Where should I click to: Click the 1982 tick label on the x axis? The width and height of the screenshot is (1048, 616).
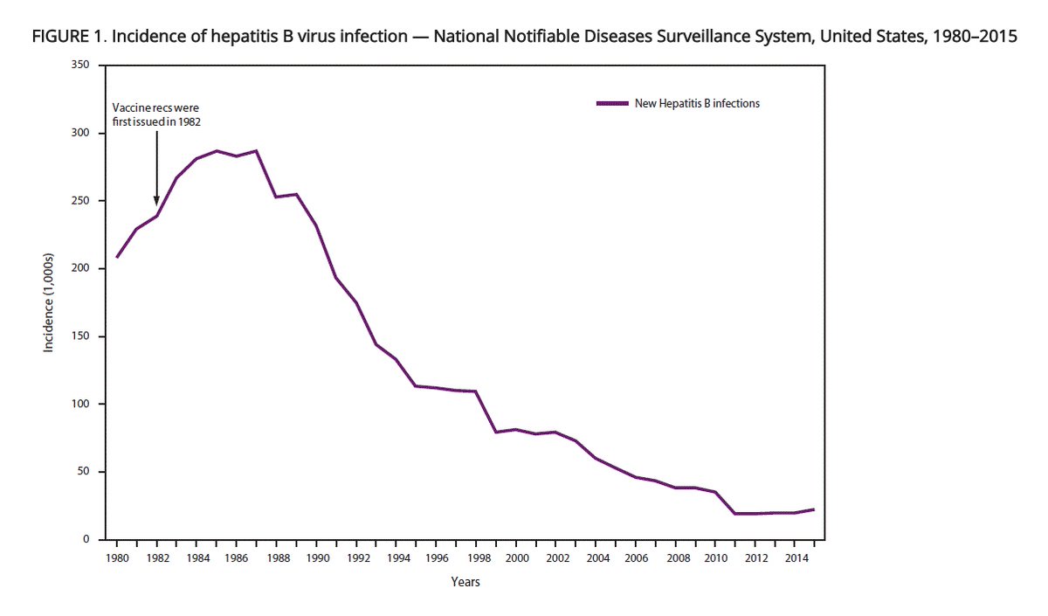tap(156, 557)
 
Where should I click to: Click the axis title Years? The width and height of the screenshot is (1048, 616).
tap(465, 582)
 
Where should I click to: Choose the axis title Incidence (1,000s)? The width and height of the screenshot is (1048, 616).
tap(50, 303)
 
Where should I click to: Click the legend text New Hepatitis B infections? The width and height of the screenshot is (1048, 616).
tap(697, 103)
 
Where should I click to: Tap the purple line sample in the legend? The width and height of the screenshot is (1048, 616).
tap(613, 103)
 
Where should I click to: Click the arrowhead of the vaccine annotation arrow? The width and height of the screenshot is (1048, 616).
tap(156, 202)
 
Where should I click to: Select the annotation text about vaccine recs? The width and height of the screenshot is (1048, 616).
tap(156, 114)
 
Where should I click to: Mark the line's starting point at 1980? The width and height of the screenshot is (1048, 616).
tap(116, 257)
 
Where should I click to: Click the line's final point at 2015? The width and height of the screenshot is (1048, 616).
tap(814, 509)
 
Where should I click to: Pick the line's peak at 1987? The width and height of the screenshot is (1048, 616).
tap(256, 150)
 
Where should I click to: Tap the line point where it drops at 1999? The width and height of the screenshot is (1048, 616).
tap(495, 432)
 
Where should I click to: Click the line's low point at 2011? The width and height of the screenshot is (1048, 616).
tap(734, 514)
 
